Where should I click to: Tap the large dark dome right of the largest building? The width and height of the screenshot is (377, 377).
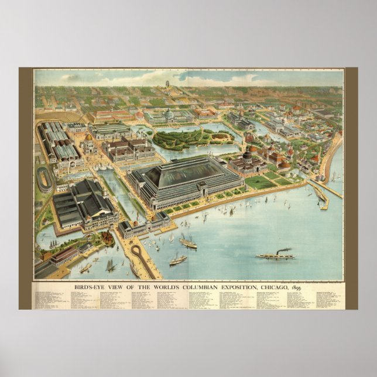pyautogui.click(x=248, y=156)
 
